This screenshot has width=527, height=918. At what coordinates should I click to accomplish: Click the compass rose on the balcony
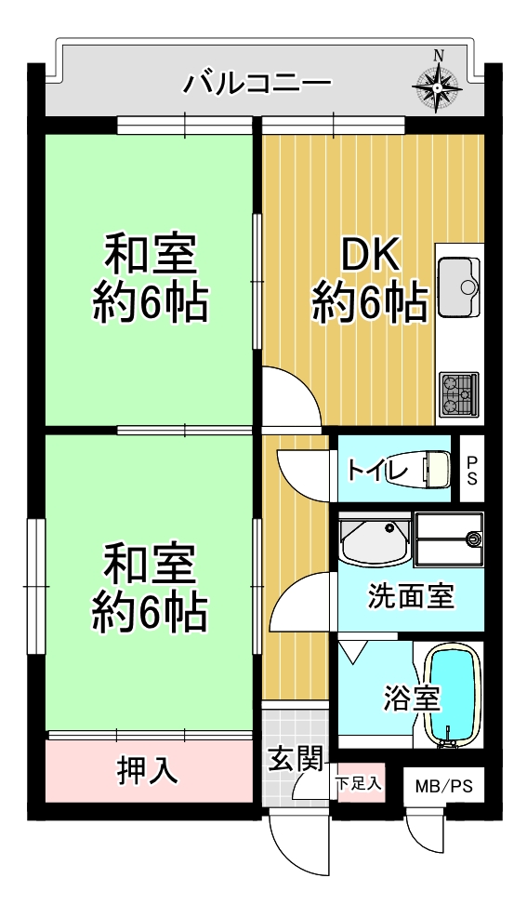438,87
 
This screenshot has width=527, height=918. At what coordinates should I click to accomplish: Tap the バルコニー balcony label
257,83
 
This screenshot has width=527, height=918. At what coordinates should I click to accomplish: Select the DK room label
370,257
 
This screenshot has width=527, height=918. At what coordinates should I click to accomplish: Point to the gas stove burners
459,394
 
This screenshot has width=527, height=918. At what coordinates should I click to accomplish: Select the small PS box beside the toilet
472,469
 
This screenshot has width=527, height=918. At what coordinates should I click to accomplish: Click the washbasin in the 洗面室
375,541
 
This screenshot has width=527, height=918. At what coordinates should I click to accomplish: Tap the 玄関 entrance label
296,760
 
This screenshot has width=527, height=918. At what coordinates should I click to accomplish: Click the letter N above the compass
438,56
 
